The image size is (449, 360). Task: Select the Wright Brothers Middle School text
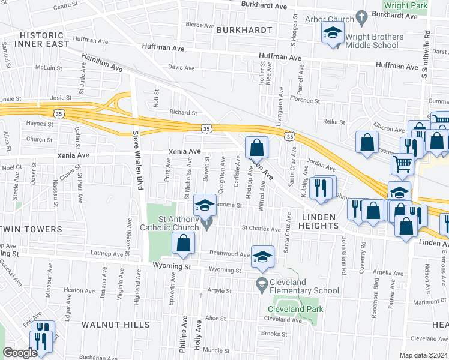pyautogui.click(x=372, y=41)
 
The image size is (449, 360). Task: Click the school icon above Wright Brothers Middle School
pyautogui.click(x=331, y=34)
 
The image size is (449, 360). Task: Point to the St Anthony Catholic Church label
pyautogui.click(x=169, y=223)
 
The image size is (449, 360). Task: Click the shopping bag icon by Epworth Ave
pyautogui.click(x=184, y=242)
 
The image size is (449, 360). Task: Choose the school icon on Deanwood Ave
pyautogui.click(x=262, y=256)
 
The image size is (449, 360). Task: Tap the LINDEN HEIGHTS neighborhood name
pyautogui.click(x=312, y=225)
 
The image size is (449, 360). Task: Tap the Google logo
pyautogui.click(x=20, y=353)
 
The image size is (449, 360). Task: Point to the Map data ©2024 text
pyautogui.click(x=424, y=355)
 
